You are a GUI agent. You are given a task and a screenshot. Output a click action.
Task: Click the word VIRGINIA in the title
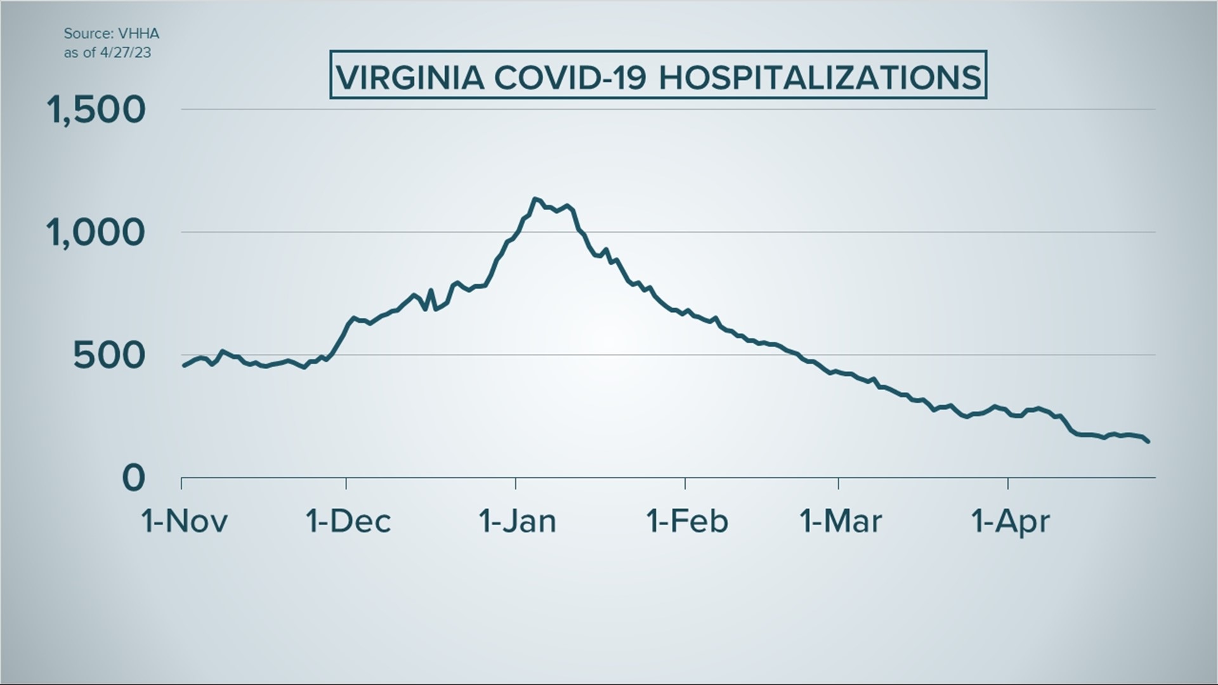[410, 77]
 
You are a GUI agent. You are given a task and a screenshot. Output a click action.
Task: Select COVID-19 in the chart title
[570, 77]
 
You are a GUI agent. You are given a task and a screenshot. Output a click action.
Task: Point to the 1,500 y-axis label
[96, 110]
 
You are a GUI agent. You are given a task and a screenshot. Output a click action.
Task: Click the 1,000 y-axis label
[96, 232]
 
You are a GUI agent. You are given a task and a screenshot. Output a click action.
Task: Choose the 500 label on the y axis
[109, 355]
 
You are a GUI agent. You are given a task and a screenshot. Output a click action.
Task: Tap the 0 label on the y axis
[133, 478]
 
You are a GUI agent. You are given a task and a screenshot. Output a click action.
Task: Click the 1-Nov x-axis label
[184, 521]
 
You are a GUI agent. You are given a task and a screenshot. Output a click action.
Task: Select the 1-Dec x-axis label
[348, 521]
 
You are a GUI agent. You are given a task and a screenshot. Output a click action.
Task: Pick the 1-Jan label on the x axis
[518, 521]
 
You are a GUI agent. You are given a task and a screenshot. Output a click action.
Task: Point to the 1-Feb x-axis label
[687, 521]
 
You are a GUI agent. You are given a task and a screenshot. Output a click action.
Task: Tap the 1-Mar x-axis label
[841, 521]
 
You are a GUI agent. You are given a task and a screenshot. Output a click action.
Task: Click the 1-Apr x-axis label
[1010, 521]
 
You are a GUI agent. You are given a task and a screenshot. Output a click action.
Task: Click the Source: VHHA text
[111, 34]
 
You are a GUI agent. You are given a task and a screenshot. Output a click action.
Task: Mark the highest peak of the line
[535, 199]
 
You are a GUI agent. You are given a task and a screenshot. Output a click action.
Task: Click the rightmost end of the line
[1148, 441]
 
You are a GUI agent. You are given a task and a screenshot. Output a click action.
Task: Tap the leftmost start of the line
[184, 365]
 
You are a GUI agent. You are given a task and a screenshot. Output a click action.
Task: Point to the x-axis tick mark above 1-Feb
[685, 483]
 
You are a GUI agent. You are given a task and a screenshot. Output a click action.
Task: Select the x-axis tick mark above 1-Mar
[839, 483]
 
